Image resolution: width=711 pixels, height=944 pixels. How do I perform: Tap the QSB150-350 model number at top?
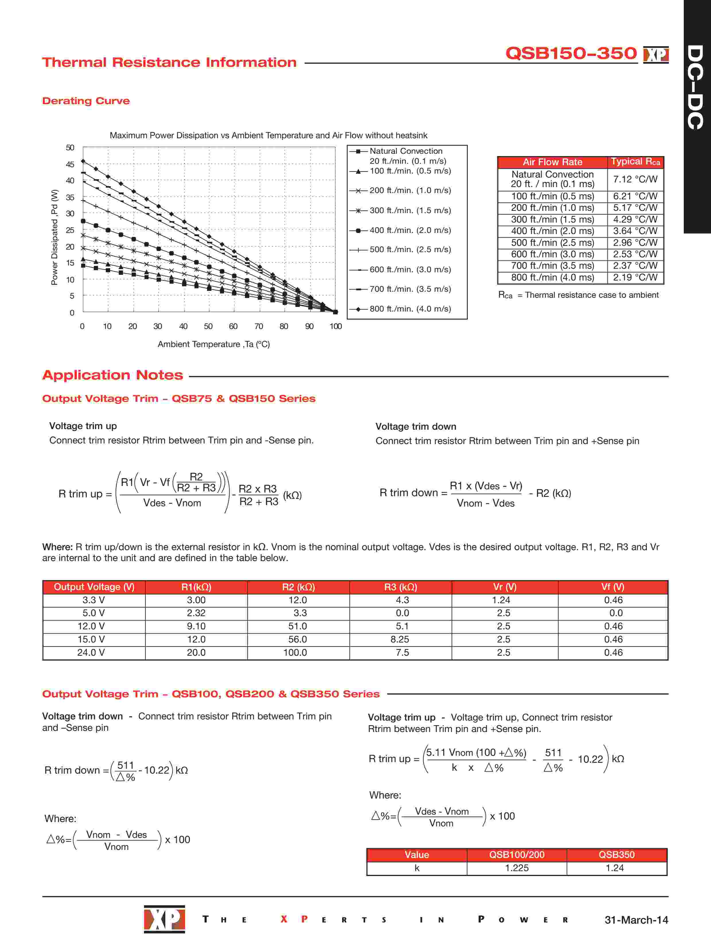click(x=570, y=53)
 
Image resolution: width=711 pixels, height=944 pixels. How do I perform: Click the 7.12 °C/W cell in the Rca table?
click(x=635, y=179)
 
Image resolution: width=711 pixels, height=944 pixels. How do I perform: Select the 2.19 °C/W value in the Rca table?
click(x=635, y=277)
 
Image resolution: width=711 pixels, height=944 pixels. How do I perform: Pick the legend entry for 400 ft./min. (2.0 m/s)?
click(x=410, y=230)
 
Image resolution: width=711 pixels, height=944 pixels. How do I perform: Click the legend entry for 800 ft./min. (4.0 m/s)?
click(x=410, y=309)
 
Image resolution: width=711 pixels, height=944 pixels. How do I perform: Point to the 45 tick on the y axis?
click(x=70, y=164)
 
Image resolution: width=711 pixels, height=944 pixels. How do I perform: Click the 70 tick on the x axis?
click(x=259, y=326)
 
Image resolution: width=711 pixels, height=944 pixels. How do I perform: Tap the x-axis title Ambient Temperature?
click(x=213, y=344)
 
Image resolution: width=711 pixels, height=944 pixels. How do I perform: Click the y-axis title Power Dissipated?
click(x=54, y=237)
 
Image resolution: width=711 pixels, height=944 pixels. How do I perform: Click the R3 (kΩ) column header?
click(x=400, y=587)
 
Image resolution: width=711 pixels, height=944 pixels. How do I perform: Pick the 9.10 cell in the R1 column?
click(x=196, y=626)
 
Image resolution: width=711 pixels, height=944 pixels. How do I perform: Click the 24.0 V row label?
click(x=91, y=653)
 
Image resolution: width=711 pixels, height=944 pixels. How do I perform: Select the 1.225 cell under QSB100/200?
click(x=517, y=868)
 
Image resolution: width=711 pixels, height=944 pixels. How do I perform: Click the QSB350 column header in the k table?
click(x=616, y=855)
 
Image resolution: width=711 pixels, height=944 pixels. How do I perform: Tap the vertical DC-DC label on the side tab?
click(x=696, y=87)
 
